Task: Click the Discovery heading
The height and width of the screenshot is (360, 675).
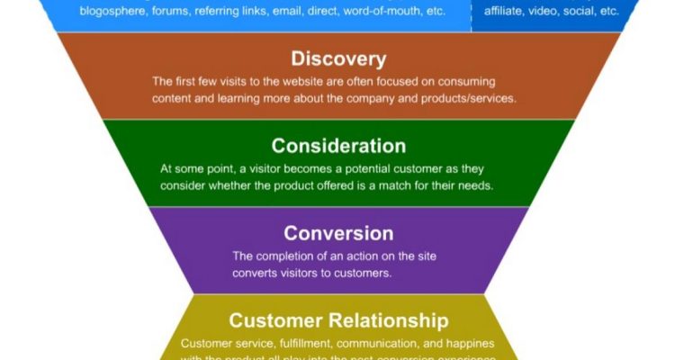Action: (338, 59)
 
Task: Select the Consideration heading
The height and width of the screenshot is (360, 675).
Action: (338, 146)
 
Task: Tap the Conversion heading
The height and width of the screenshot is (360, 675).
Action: (338, 233)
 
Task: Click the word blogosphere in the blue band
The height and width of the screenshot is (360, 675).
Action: (112, 11)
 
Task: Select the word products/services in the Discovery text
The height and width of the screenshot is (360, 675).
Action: (464, 98)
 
